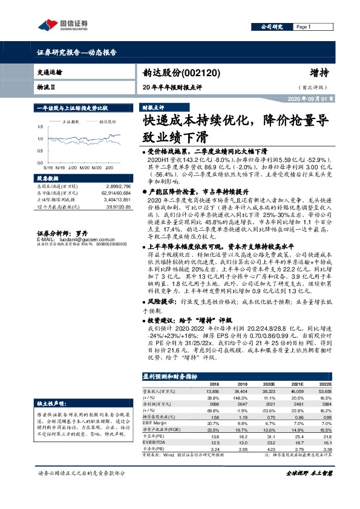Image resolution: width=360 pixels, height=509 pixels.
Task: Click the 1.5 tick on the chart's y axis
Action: tap(41, 127)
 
